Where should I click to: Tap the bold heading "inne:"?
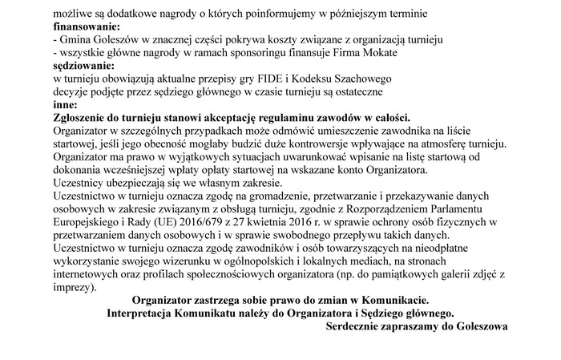click(x=65, y=104)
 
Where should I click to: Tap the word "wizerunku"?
click(x=216, y=261)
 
